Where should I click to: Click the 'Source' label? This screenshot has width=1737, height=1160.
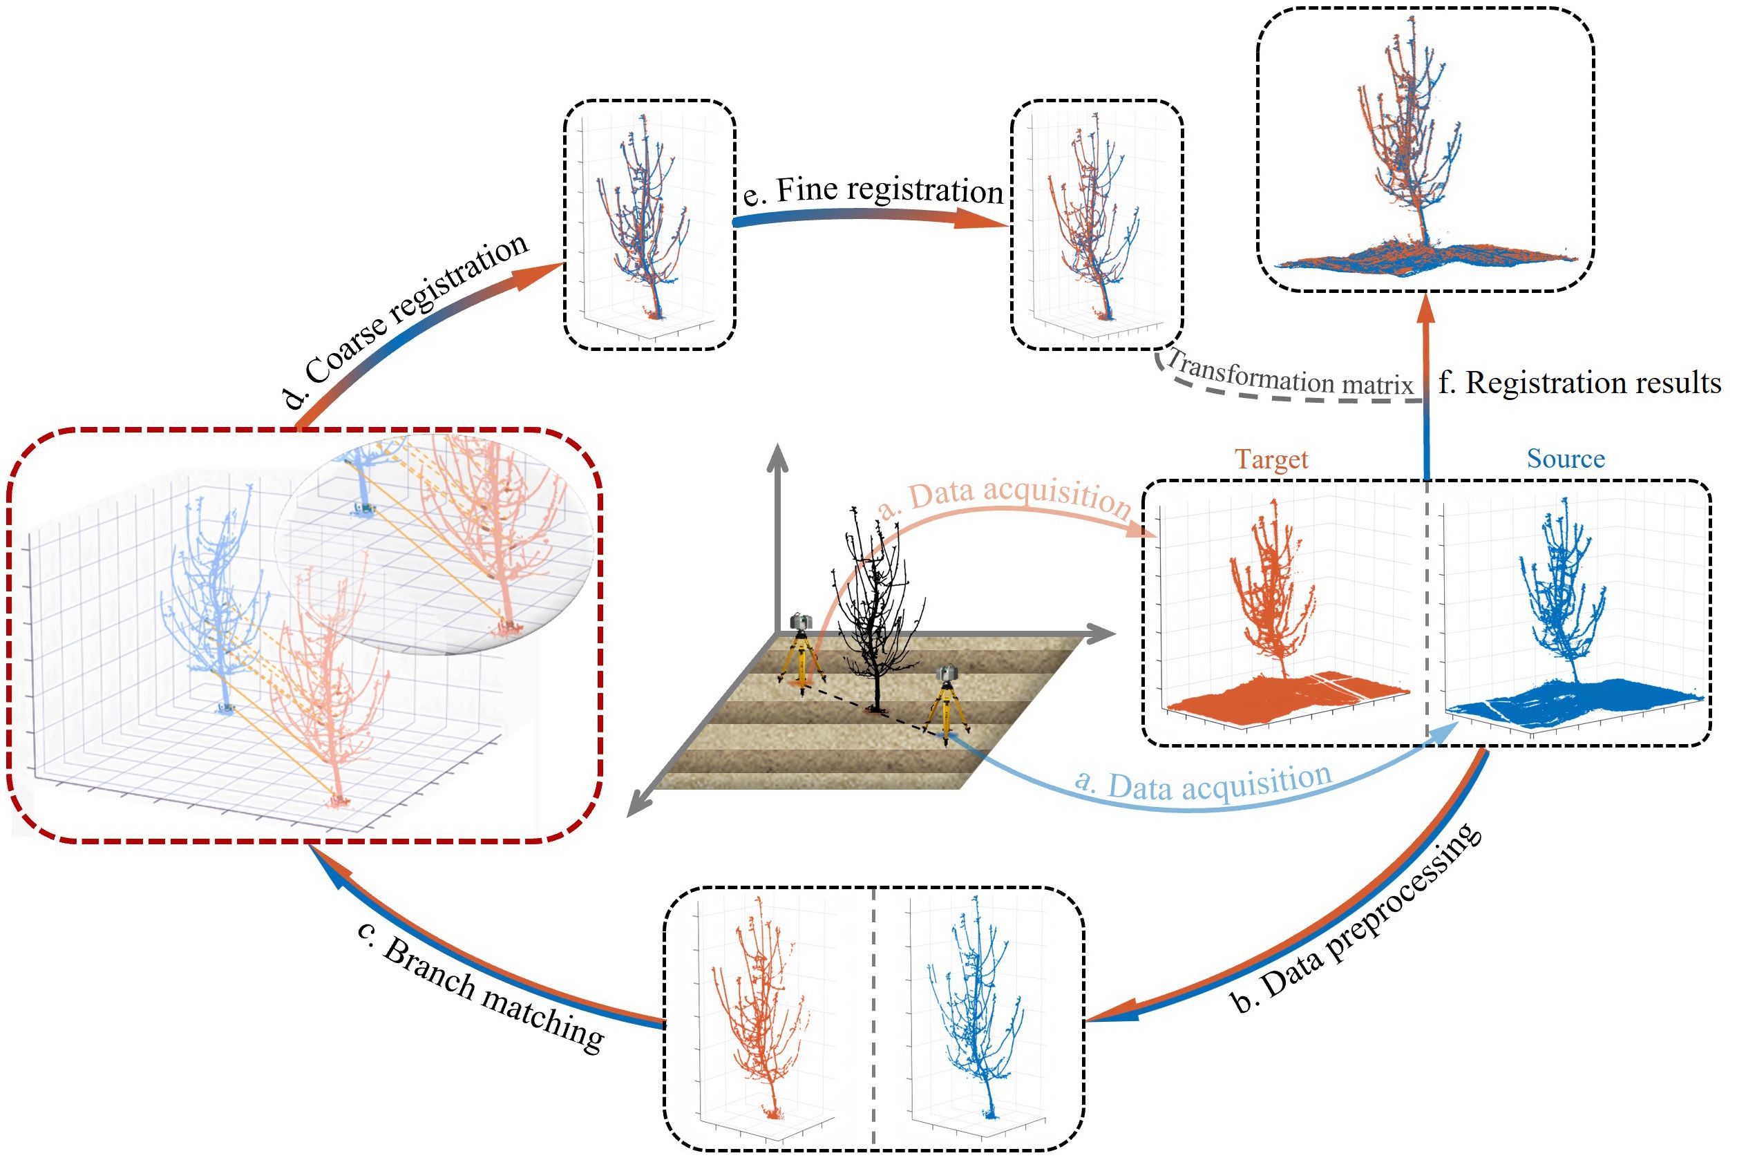[x=1566, y=459]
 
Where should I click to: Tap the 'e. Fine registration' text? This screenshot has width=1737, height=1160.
[x=873, y=190]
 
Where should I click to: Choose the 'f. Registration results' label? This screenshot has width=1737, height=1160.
[x=1579, y=383]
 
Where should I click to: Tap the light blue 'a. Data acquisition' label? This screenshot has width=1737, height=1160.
[x=1202, y=782]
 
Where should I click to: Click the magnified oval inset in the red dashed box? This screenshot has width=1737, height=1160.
[x=437, y=540]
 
